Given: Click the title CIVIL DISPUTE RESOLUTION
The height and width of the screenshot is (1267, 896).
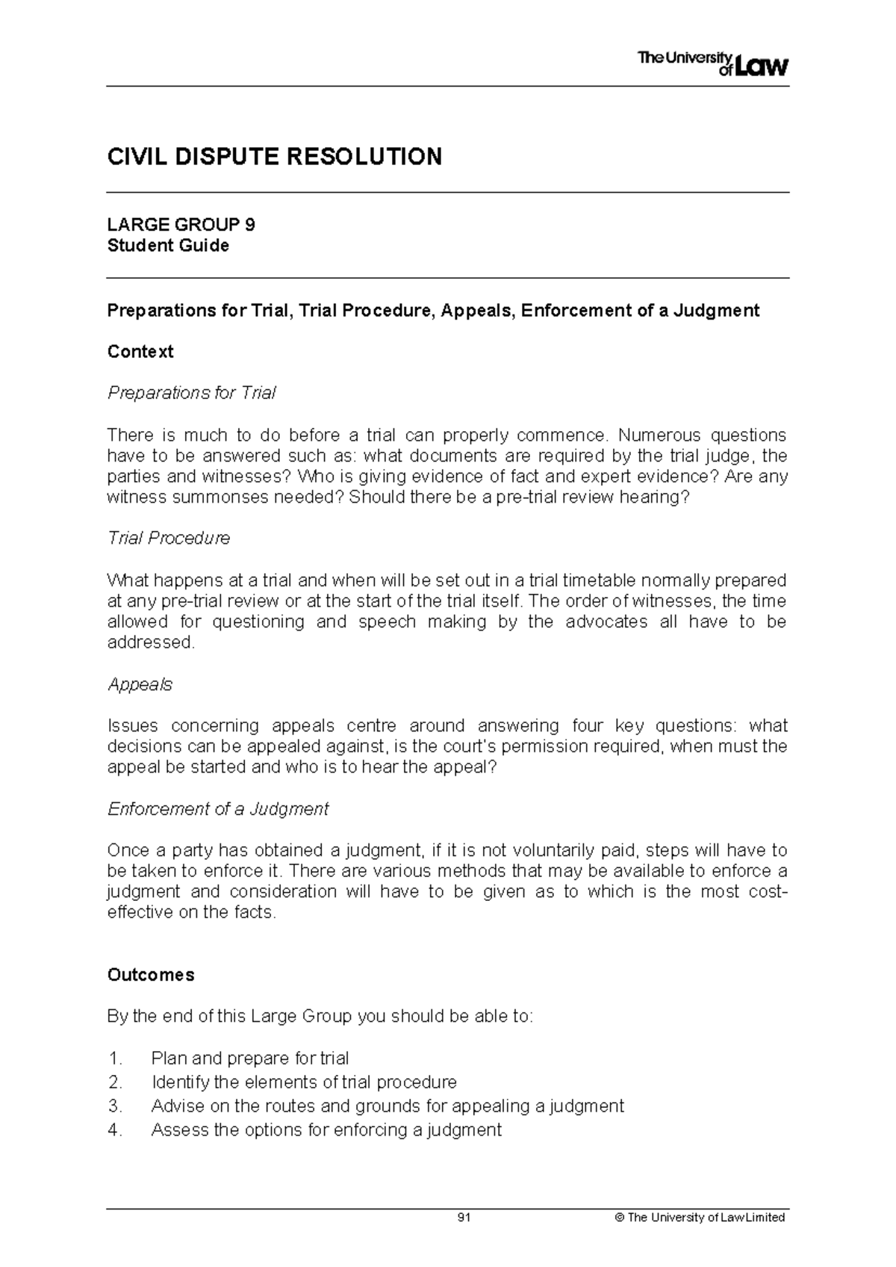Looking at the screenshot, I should coord(274,157).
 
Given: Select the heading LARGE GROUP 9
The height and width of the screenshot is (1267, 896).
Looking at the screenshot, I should coord(181,225).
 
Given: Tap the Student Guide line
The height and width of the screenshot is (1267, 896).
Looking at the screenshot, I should coord(168,246).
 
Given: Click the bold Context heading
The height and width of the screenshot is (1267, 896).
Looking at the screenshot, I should coord(140,352).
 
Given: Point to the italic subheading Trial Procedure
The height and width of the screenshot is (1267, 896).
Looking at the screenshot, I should coord(169,538).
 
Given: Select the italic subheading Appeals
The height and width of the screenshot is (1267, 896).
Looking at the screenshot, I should coord(140,684).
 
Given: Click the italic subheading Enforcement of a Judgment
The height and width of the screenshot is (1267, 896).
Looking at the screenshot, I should coord(218,809).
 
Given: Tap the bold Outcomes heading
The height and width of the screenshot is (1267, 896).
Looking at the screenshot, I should coord(151,975).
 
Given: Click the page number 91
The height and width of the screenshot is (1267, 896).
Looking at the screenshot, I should coord(464,1218).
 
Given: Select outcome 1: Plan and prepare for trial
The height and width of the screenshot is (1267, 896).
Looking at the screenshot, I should coord(249,1059).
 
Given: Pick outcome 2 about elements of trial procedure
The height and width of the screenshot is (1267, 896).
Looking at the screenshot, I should coord(303,1082).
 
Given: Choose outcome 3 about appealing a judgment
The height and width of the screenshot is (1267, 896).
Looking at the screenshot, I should coord(387,1106).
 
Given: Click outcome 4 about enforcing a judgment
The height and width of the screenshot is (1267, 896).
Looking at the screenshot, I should coord(326,1130).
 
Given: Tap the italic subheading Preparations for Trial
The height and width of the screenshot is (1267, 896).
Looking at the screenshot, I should coord(192,393).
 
